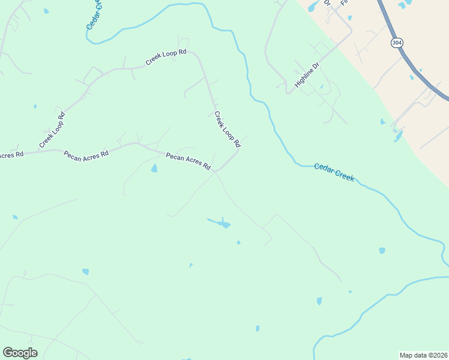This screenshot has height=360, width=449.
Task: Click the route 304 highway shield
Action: coord(396,43)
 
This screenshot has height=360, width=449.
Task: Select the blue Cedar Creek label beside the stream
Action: coord(334,172)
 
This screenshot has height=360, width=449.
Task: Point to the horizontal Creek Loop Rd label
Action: coord(166,56)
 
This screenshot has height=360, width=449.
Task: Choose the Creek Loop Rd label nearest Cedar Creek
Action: coord(228,129)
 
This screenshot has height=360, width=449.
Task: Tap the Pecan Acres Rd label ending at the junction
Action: coord(188,161)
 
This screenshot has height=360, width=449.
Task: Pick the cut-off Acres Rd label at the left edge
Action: coord(11,155)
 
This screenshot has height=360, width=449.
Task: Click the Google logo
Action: coord(20,352)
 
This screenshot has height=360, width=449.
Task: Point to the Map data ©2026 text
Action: coord(423,355)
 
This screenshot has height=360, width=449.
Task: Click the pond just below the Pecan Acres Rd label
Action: coord(154,169)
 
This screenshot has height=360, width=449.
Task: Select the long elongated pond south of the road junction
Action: coord(220,223)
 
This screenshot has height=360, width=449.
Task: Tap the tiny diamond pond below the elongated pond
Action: coord(238,242)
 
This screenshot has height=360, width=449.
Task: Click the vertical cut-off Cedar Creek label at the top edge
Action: coord(93,14)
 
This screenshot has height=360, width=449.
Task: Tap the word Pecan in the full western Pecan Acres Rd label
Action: coord(73,154)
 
